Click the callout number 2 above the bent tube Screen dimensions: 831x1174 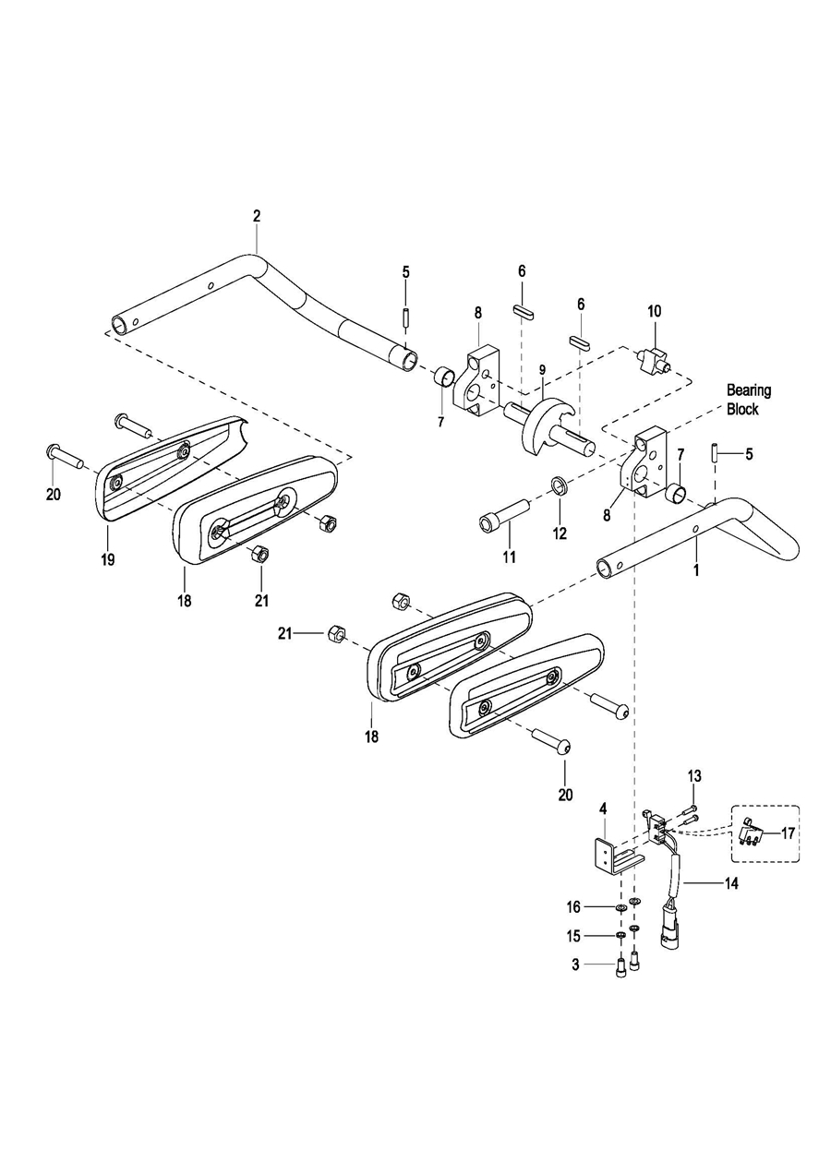tap(256, 216)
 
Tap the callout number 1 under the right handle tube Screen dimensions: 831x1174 tap(696, 569)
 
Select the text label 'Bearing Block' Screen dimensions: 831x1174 tap(749, 400)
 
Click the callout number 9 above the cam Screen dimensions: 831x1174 tap(542, 370)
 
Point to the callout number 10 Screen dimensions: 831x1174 tap(655, 311)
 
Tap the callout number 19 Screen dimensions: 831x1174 tap(107, 559)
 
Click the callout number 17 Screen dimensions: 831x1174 tap(788, 833)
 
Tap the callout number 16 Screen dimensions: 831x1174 tap(573, 906)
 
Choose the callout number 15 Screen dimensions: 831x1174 tap(573, 936)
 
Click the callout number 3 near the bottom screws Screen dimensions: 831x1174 tap(575, 964)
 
